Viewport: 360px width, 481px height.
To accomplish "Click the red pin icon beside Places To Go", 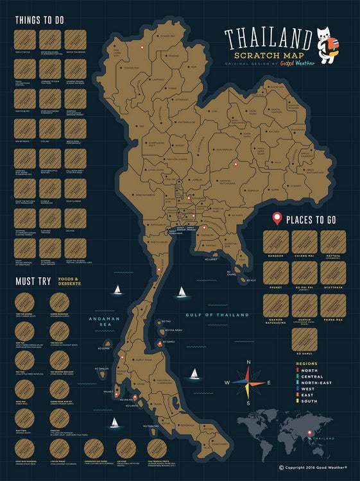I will (277, 219).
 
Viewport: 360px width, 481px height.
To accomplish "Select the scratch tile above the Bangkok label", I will (275, 242).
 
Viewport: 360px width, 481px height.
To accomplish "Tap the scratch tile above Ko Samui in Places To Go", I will (304, 340).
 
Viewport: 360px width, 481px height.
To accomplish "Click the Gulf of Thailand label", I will (216, 315).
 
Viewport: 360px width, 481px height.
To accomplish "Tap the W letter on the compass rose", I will (227, 384).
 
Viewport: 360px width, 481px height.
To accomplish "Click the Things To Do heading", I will (39, 20).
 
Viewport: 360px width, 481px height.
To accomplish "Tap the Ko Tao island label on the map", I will (167, 321).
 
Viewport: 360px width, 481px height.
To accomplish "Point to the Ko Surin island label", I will (105, 349).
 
